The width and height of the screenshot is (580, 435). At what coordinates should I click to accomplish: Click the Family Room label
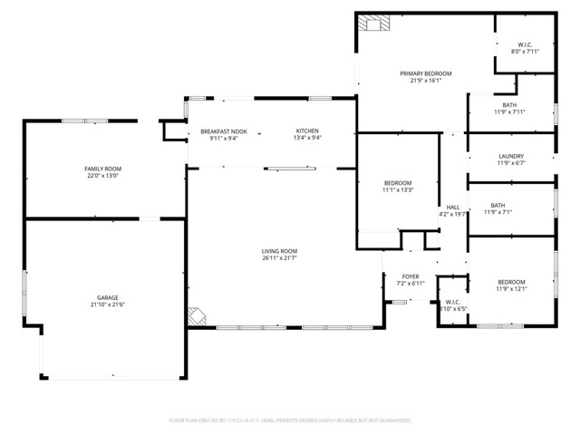pos(103,169)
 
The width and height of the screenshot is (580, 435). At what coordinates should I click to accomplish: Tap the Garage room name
pos(108,297)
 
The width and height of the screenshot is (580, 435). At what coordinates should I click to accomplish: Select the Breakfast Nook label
pos(223,131)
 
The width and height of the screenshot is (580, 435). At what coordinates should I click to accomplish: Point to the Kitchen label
pos(307,131)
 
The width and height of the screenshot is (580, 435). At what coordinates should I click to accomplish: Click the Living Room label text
pos(280,251)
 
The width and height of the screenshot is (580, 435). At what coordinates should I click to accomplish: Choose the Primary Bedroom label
pos(426,73)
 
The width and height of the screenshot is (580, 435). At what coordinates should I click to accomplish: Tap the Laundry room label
pos(511,156)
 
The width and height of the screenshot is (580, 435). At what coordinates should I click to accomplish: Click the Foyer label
pos(411,276)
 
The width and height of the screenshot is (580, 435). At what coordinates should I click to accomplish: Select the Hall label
pos(451,207)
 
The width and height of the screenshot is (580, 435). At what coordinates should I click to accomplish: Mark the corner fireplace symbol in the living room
pos(198,317)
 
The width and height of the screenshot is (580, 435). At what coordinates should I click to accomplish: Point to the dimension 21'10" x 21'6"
pos(108,305)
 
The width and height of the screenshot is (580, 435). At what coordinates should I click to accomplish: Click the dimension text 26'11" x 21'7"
pos(280,259)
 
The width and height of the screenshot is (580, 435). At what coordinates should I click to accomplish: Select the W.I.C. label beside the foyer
pos(452,302)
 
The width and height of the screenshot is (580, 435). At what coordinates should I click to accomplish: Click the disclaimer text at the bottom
pos(290,420)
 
